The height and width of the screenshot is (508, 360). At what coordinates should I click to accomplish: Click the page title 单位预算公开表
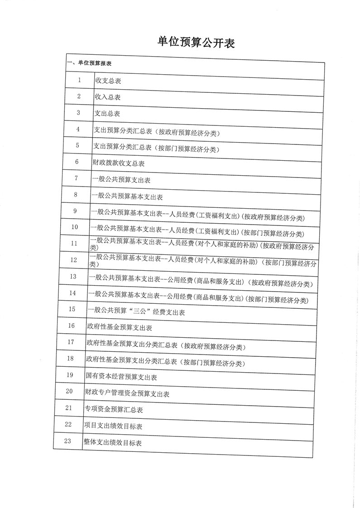click(x=196, y=43)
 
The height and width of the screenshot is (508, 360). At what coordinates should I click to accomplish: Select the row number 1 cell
click(x=79, y=80)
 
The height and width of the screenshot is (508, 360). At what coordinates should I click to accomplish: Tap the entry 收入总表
click(x=107, y=97)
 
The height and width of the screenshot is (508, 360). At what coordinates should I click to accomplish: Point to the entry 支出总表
click(x=106, y=114)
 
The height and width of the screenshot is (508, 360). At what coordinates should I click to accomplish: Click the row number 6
click(x=77, y=162)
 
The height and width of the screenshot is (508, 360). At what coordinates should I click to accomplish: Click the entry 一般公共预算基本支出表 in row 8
click(x=127, y=197)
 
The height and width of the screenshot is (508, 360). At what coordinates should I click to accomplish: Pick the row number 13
click(x=73, y=276)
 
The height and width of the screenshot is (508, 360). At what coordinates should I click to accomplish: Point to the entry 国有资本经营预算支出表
click(x=121, y=377)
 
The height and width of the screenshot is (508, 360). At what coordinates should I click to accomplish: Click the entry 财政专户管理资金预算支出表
click(x=127, y=394)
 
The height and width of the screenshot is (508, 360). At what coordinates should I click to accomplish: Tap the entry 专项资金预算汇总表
click(x=114, y=410)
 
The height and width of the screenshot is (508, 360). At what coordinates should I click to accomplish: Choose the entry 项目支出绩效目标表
click(x=113, y=426)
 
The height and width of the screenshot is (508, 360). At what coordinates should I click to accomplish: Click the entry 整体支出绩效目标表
click(x=112, y=442)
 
